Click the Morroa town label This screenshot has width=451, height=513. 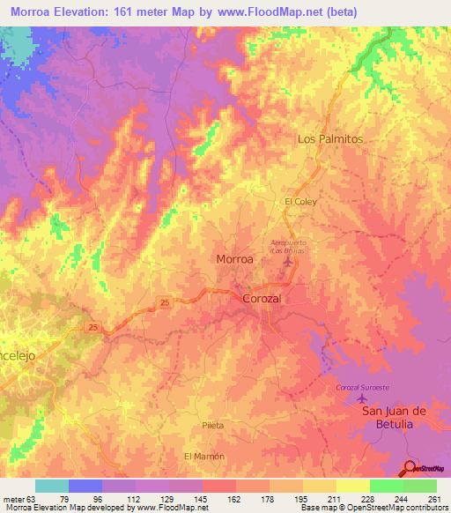coord(235,260)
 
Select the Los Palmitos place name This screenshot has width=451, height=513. coord(330,139)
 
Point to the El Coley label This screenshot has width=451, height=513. coord(299,202)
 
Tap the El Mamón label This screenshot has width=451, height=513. coord(204,457)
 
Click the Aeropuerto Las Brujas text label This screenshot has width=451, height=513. coord(292,246)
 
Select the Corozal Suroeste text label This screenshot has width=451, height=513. coord(362,389)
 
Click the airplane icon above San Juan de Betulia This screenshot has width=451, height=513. coord(362,401)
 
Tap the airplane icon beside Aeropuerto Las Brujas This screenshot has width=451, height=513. coord(284,262)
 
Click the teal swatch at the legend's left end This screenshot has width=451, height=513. coord(51,486)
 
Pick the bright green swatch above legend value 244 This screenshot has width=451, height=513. coord(386,486)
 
